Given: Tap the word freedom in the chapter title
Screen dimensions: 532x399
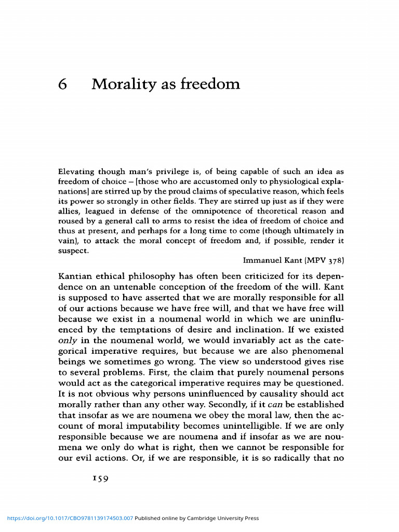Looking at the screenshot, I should (x=211, y=84).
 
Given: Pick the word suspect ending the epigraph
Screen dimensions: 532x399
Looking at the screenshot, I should (x=73, y=250).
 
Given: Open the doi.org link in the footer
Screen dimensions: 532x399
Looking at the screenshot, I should (x=70, y=518).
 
